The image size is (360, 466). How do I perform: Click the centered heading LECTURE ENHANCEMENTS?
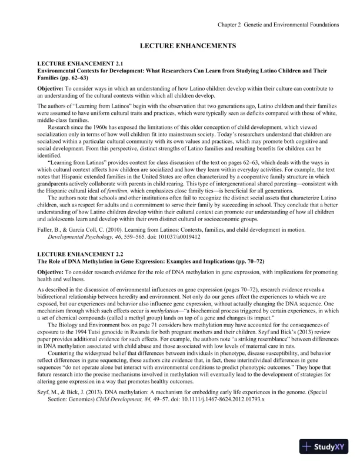click(x=180, y=45)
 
